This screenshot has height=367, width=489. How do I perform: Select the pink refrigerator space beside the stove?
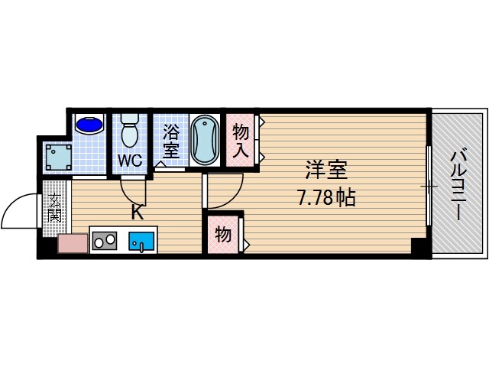point(73,245)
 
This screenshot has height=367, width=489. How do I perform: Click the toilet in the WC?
point(129,132)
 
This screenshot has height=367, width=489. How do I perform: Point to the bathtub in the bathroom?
point(203,139)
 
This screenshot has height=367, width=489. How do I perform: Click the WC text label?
point(129,161)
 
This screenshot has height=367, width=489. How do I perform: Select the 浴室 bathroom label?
point(170,141)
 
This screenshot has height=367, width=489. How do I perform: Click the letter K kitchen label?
point(138,213)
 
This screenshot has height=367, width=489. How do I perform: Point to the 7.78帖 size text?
point(325,199)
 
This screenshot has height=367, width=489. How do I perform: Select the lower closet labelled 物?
point(223,235)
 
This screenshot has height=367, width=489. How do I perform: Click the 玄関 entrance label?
point(55,206)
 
